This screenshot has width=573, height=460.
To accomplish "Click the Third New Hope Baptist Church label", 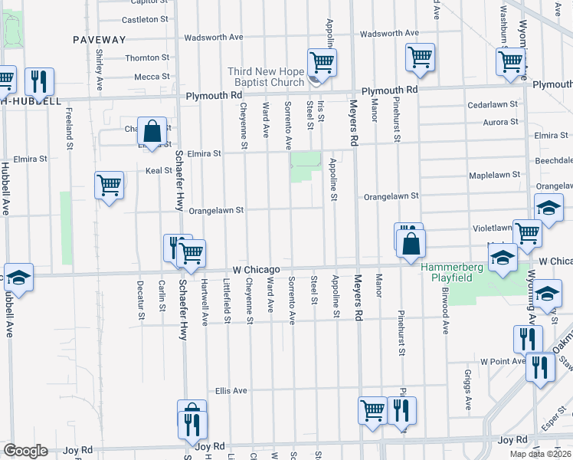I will click(x=266, y=77).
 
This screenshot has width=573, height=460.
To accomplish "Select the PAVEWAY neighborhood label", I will click(x=99, y=39).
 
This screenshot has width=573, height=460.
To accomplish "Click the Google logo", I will click(x=25, y=451).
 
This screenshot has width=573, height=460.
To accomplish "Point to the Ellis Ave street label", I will click(x=231, y=390).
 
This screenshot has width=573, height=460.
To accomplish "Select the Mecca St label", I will click(x=152, y=77).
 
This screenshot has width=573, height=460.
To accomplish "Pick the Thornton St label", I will click(x=146, y=58).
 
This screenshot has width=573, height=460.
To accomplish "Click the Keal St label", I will click(x=158, y=170).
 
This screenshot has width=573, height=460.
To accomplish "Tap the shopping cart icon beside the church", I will click(x=322, y=61).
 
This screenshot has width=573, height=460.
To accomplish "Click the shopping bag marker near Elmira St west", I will click(x=152, y=132).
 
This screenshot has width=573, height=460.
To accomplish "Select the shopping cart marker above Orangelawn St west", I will click(x=109, y=184).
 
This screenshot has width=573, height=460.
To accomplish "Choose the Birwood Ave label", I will click(x=444, y=311).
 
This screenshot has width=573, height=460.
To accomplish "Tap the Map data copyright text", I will click(x=541, y=454).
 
